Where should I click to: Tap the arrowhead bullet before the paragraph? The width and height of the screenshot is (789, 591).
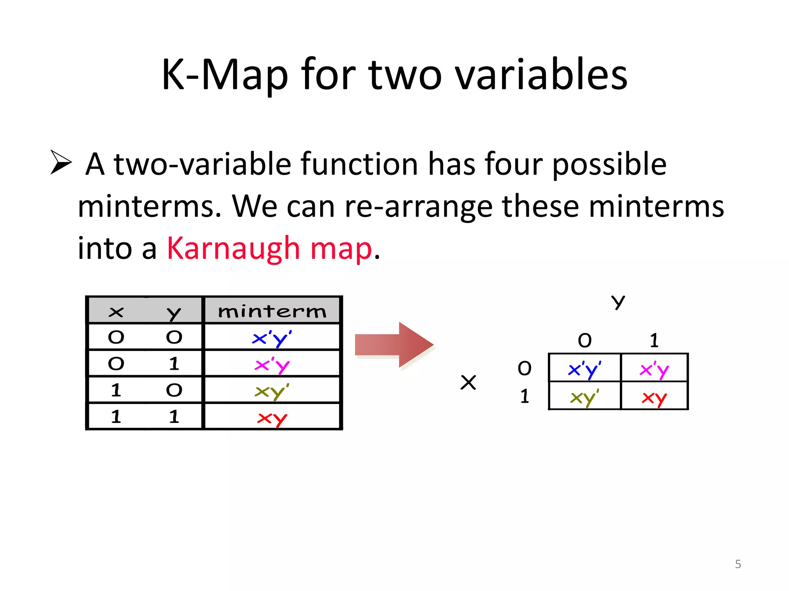click(x=61, y=162)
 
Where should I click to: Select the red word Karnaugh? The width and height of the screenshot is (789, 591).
click(x=233, y=249)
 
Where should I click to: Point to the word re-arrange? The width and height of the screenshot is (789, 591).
click(x=418, y=206)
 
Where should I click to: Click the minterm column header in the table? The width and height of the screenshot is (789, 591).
click(x=272, y=311)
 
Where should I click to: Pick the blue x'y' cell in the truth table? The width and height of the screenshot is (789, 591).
click(x=272, y=338)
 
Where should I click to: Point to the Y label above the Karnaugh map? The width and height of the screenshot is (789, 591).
click(x=618, y=302)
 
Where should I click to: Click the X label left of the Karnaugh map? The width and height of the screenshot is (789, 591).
click(x=468, y=382)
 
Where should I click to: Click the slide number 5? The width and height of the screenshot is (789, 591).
click(x=738, y=564)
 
